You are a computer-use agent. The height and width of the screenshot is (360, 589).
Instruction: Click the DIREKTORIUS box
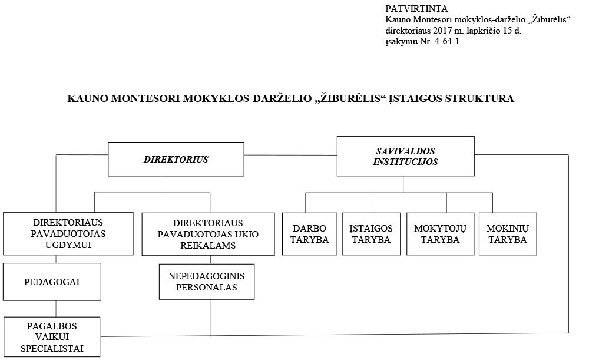[x=176, y=159]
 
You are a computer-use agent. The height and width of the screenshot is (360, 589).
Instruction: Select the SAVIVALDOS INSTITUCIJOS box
[x=405, y=156]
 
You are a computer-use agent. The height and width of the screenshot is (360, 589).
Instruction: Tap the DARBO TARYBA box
[x=310, y=234]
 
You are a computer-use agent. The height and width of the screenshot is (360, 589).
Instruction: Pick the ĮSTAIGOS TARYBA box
[x=371, y=234]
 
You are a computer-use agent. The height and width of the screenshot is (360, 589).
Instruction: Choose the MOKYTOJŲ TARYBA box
[x=440, y=234]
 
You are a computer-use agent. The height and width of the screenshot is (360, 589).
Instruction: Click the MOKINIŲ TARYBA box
[x=508, y=234]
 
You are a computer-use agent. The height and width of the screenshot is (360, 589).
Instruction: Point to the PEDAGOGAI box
[x=52, y=282]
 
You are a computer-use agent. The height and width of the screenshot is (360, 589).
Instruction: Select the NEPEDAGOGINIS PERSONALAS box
[x=207, y=282]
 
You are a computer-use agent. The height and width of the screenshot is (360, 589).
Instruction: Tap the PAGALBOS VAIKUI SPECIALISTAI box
[x=52, y=336]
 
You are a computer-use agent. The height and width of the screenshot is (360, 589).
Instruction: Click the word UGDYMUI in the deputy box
[x=68, y=245]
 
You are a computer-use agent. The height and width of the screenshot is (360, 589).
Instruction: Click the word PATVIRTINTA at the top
[x=416, y=9]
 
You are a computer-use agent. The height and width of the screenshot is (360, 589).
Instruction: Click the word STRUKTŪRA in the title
[x=479, y=98]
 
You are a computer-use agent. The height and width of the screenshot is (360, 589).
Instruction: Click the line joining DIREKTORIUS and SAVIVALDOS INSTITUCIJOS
[x=290, y=155]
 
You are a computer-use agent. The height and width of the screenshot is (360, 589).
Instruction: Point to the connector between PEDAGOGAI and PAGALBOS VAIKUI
[x=56, y=309]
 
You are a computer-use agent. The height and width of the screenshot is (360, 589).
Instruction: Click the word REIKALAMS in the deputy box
[x=208, y=245]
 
